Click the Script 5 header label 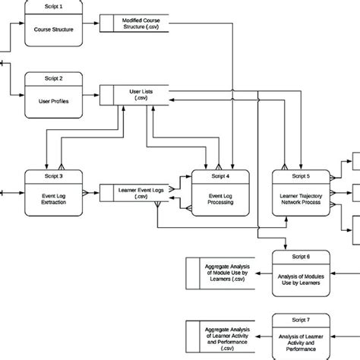pos(302,175)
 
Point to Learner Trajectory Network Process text pos(302,200)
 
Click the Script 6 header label pos(302,257)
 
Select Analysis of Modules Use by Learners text pos(302,281)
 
